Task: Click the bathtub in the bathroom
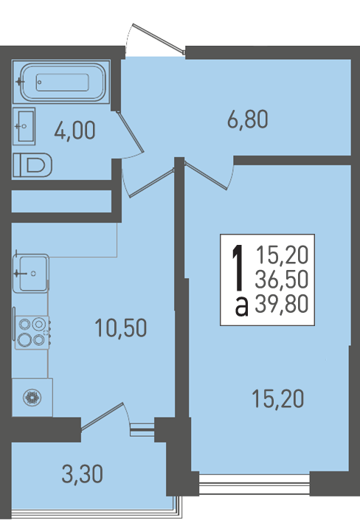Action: point(61,82)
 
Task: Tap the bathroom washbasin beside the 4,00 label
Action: point(24,126)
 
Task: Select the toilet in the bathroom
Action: point(32,164)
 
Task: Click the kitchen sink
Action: point(31,273)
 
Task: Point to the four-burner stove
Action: point(32,332)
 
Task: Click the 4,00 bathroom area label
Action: point(75,130)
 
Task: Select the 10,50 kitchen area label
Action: point(120,328)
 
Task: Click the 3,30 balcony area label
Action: point(82,474)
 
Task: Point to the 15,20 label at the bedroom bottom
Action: point(278,399)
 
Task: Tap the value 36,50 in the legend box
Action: point(281,279)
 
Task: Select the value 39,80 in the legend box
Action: point(281,304)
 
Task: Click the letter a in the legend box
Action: point(242,307)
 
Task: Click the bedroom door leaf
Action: point(206,176)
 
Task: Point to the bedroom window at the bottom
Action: point(255,483)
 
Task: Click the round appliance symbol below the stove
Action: point(32,398)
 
